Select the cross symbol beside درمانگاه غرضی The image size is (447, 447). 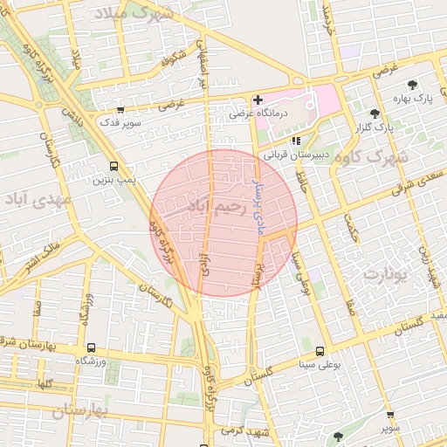tap(258, 100)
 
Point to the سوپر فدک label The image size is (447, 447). tap(122, 124)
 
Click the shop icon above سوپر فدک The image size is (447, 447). tap(120, 111)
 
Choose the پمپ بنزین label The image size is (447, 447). tap(114, 180)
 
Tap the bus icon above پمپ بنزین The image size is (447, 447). tap(113, 166)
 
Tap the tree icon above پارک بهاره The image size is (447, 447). tap(412, 85)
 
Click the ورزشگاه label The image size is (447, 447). tap(90, 360)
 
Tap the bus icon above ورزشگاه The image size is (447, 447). tap(90, 347)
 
